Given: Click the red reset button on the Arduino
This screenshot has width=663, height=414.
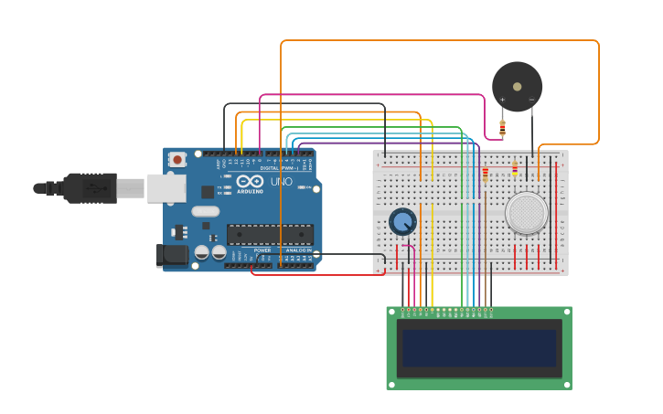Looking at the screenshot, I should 177,159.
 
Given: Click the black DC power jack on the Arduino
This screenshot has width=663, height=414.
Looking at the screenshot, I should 171,255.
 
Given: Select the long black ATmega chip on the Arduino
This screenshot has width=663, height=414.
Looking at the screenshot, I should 270,234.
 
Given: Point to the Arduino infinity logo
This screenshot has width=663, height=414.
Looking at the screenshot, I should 251,181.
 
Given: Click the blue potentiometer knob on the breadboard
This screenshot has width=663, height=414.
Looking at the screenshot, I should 402,221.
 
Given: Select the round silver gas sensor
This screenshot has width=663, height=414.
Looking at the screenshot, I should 526,212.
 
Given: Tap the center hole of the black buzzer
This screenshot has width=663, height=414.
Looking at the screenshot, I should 517,87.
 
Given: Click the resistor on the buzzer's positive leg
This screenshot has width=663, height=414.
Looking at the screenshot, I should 502,126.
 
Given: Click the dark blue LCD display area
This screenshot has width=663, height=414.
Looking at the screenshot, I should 478,348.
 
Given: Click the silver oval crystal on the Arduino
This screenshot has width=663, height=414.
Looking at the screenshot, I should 203,210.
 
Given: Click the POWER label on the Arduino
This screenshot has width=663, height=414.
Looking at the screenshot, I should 262,249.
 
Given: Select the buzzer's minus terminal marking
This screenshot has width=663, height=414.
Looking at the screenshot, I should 531,100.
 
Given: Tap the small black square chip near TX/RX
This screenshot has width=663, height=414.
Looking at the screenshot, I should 209,192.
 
